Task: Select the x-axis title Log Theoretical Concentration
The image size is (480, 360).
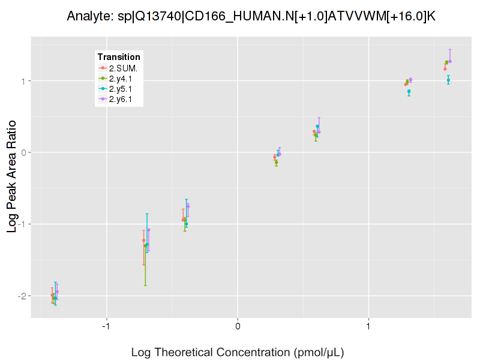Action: point(238,352)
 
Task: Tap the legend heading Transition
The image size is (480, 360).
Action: point(119,57)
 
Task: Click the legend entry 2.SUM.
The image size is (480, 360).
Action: point(123,68)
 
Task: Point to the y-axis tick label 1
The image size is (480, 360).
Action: point(23,81)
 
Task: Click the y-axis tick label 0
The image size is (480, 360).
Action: point(23,152)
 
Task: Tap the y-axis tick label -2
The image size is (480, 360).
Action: point(22,296)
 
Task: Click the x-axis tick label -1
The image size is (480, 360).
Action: point(106,326)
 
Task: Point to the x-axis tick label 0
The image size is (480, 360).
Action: point(238,326)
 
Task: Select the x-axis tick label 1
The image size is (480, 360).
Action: point(368,326)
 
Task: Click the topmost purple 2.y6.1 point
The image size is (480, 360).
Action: point(450,61)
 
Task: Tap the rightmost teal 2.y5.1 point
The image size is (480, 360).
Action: point(448,80)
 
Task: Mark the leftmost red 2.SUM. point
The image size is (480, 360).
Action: point(52,295)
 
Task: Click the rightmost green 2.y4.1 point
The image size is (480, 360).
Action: point(446,62)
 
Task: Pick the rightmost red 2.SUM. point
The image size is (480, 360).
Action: point(445,69)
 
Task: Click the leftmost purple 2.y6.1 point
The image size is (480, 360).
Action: point(57,292)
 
